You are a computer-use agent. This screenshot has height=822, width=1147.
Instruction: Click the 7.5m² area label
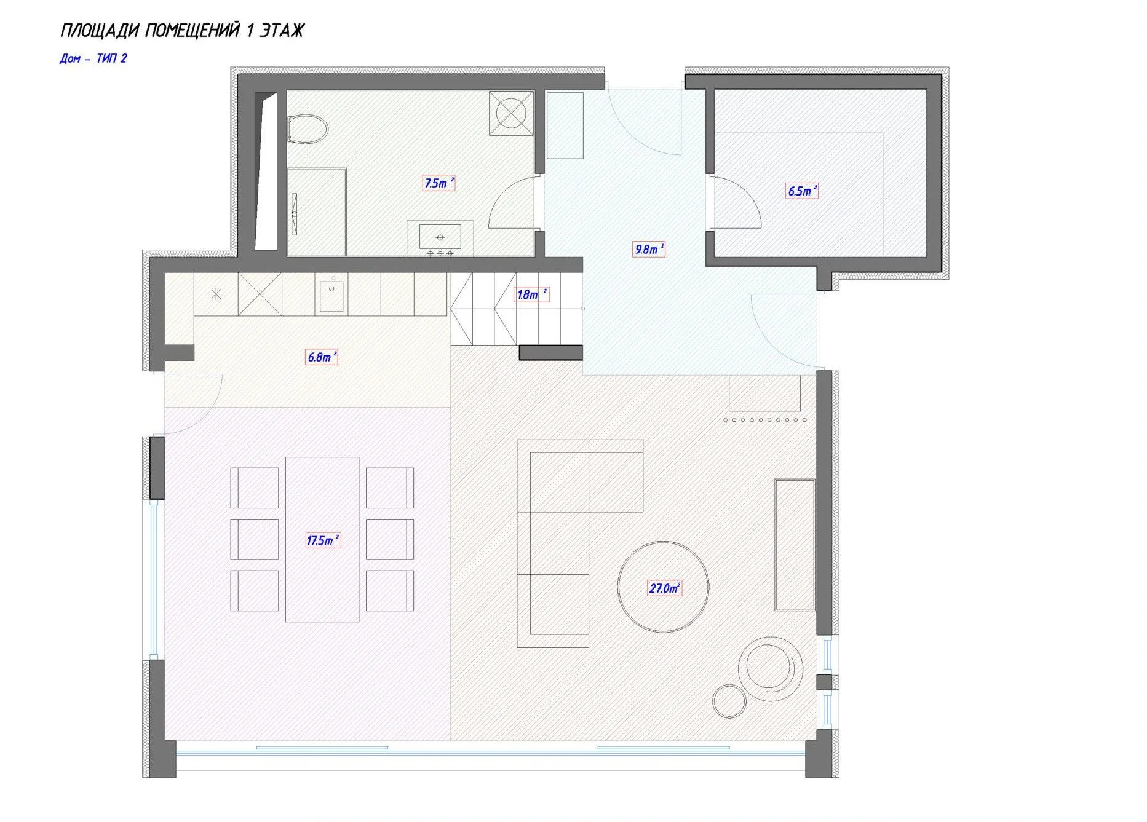(439, 183)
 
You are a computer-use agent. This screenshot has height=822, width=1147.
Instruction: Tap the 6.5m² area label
(802, 191)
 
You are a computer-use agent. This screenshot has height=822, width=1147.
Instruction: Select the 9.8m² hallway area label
(649, 249)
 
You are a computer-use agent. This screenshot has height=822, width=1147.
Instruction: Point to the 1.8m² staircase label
(531, 294)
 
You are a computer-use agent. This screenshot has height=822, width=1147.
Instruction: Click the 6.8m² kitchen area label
(322, 357)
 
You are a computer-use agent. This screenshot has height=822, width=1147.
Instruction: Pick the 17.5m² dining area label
(323, 540)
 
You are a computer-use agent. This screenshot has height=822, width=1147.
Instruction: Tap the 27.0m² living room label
(664, 588)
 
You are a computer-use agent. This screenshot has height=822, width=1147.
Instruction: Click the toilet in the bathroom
(308, 129)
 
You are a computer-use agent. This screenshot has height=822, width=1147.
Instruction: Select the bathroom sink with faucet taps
(440, 239)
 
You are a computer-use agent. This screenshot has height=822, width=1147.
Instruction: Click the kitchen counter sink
(331, 296)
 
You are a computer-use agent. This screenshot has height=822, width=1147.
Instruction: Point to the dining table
(322, 539)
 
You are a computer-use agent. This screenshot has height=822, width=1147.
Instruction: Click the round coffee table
(663, 587)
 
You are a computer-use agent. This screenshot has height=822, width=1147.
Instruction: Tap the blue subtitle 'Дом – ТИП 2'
(93, 58)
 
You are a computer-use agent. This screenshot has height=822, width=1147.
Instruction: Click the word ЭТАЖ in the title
(282, 30)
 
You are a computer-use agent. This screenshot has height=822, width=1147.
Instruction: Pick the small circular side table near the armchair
(729, 701)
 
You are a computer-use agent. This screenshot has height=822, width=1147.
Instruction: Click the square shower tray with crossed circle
(511, 113)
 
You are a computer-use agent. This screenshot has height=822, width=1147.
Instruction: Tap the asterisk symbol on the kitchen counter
(216, 294)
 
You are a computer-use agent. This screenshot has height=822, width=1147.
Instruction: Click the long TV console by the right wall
(795, 545)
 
